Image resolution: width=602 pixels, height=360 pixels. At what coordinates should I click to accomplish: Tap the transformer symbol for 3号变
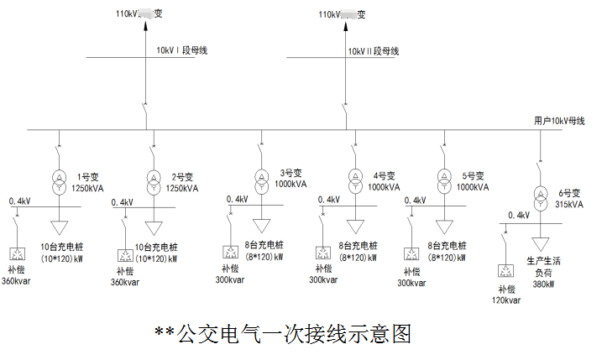[261, 182]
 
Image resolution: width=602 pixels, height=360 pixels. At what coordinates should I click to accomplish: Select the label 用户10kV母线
[559, 121]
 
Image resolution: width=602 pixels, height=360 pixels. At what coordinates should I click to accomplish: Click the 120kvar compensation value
[507, 300]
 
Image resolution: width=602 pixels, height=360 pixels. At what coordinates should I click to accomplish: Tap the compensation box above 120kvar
[506, 270]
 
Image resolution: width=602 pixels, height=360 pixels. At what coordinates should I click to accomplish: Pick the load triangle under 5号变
[442, 227]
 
